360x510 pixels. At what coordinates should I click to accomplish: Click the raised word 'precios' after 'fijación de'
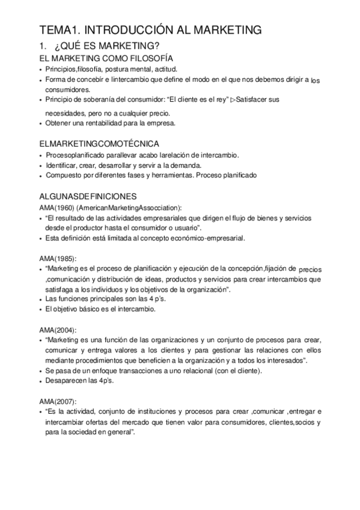point(310,270)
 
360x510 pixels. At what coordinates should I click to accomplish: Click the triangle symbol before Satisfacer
point(233,99)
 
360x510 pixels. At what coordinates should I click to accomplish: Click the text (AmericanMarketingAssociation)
point(130,207)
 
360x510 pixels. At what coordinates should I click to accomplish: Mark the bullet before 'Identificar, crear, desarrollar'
point(40,165)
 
